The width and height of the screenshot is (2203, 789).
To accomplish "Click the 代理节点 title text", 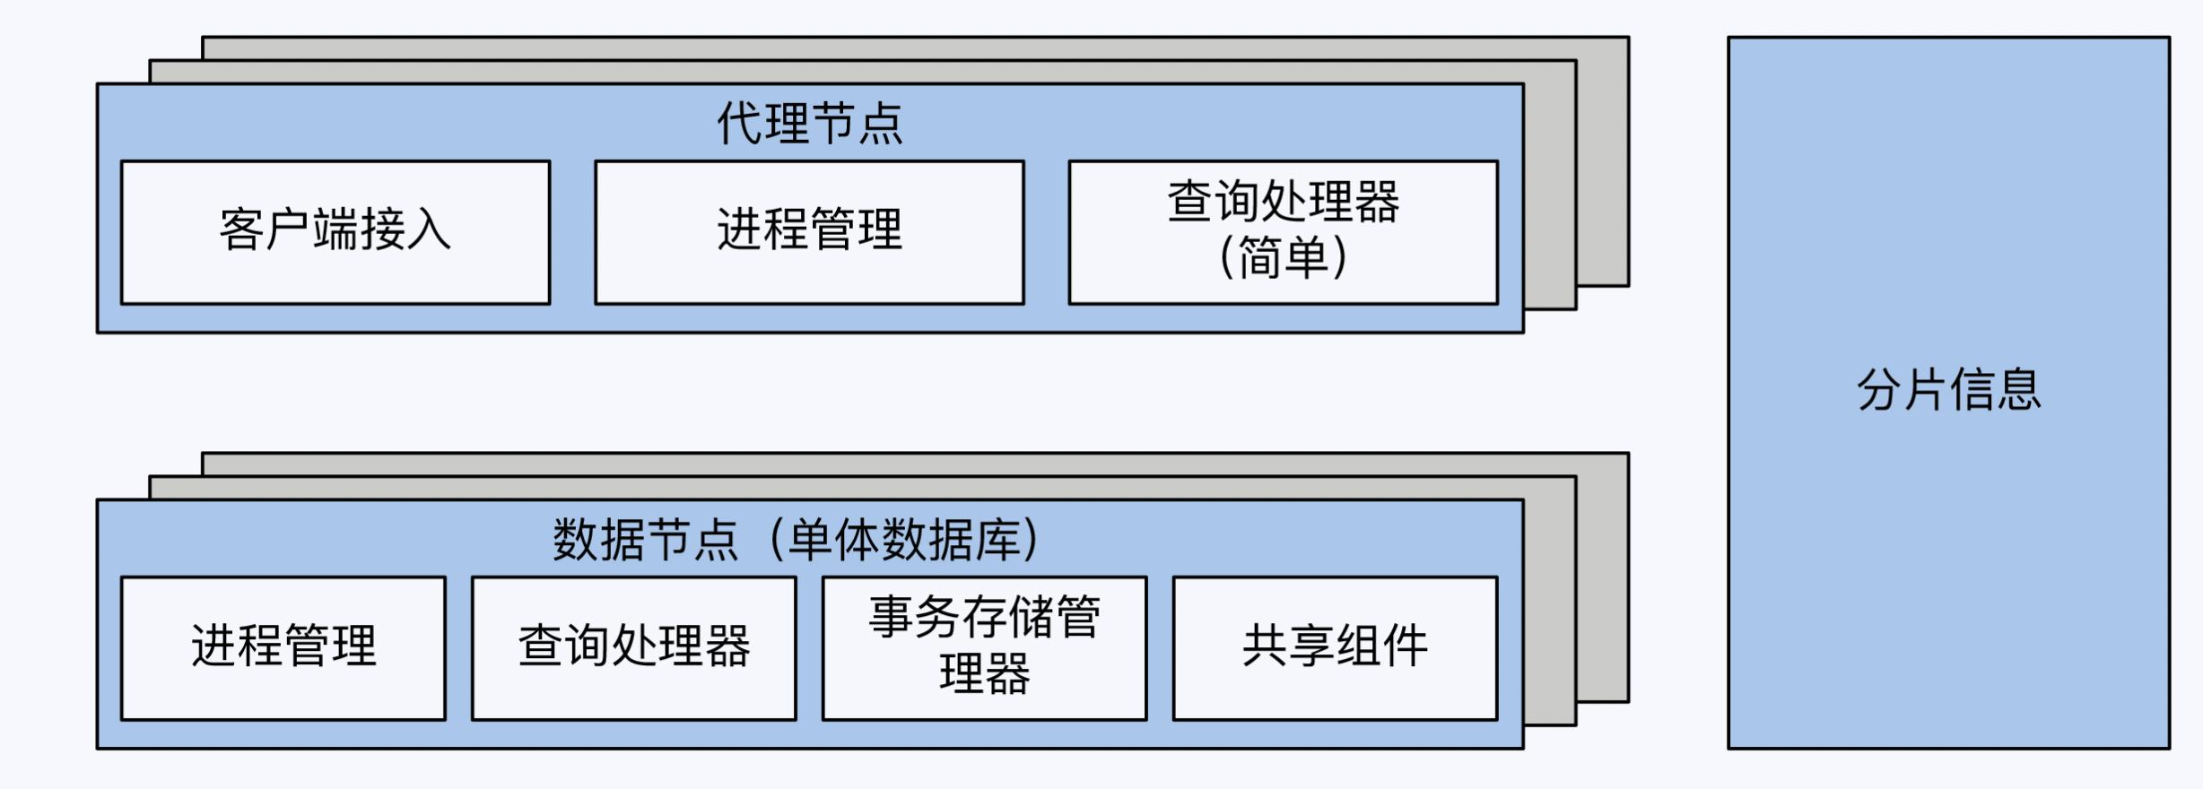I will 809,123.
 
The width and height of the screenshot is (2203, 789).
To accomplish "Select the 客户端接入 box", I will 335,232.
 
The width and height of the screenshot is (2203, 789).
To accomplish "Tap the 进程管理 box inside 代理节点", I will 809,232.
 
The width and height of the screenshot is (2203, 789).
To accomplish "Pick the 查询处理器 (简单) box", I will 1283,232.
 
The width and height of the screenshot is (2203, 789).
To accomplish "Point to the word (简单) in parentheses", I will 1283,258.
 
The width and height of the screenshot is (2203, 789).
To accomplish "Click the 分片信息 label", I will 1948,390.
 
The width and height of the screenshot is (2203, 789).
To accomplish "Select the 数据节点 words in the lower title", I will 645,540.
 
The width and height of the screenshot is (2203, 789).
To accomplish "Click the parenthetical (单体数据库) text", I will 905,540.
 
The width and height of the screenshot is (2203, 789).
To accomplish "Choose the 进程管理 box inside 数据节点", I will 283,647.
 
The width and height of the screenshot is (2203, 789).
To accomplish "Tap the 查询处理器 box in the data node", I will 633,647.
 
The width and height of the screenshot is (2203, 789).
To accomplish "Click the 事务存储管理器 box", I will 984,647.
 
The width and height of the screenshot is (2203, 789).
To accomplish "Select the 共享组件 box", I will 1335,647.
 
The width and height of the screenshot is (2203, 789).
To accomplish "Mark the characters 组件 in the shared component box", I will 1381,646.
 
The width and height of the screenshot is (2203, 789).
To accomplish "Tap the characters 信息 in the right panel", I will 1996,390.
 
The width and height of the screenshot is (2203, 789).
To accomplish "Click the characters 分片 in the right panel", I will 1902,390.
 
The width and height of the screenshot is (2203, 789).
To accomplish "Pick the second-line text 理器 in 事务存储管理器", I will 984,674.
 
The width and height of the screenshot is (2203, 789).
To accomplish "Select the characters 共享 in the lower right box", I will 1288,646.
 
